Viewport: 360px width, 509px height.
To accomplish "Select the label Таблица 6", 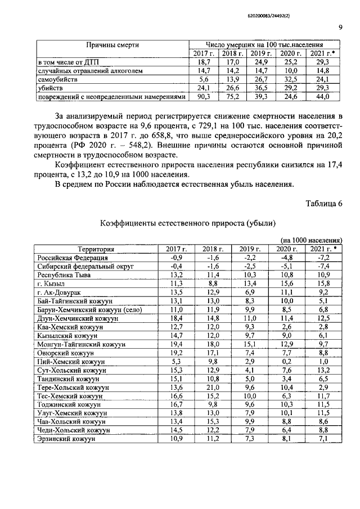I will click(324, 203).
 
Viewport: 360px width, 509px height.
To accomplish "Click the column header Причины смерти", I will click(112, 44).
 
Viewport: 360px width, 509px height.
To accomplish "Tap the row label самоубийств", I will click(55, 80).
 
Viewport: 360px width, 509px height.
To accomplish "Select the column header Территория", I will click(96, 249).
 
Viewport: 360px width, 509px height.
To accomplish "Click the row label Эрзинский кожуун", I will click(64, 439).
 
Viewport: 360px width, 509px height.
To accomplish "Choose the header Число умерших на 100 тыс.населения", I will click(264, 44).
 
